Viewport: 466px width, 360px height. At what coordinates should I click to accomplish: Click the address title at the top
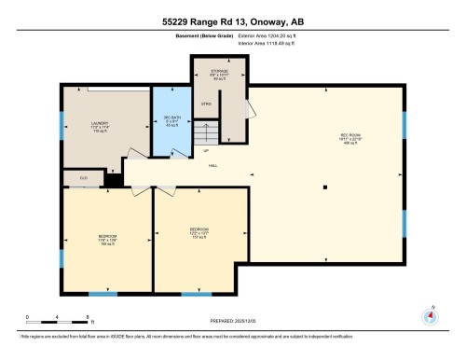coord(232,20)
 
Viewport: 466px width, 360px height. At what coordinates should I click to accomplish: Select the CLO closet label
coord(83,176)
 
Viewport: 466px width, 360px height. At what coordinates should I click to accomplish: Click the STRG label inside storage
coord(205,104)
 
